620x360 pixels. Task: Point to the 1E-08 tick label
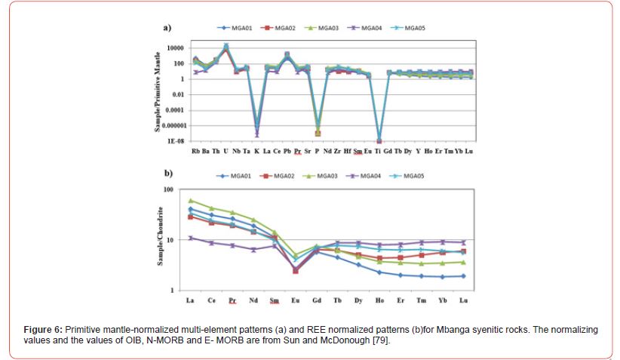175,141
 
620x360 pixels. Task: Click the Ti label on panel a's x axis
379,151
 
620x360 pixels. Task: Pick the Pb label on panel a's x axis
287,151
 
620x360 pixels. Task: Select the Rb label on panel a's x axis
196,151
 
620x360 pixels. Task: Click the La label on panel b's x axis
190,300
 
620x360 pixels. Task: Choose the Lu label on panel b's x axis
462,300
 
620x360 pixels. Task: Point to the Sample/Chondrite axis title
161,240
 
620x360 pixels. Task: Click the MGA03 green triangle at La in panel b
191,201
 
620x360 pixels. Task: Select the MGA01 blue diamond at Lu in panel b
462,276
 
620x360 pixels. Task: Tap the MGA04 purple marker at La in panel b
191,238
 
